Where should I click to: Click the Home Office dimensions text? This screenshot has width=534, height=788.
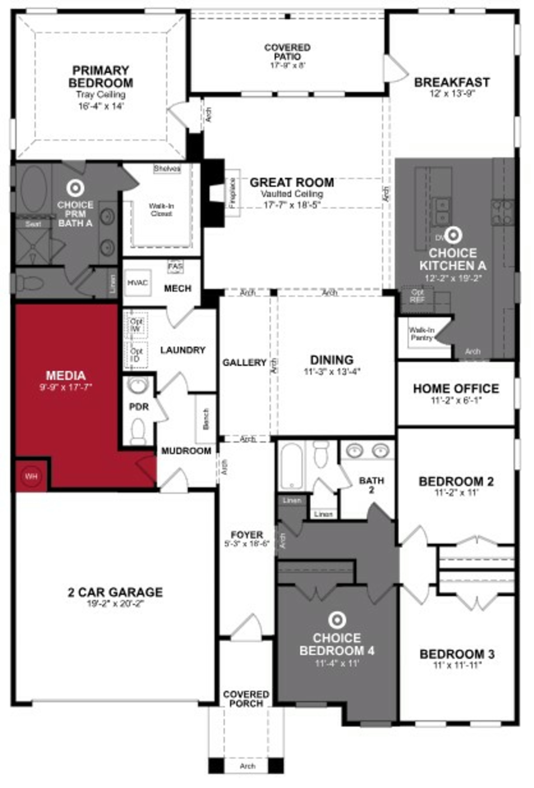pos(456,400)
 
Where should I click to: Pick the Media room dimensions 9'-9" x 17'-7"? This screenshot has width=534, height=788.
pos(66,386)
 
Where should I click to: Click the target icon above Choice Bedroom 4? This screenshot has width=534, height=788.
pos(337,620)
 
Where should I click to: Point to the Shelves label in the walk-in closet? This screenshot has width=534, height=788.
pos(167,169)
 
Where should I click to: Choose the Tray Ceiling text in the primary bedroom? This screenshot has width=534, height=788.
pos(101,95)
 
